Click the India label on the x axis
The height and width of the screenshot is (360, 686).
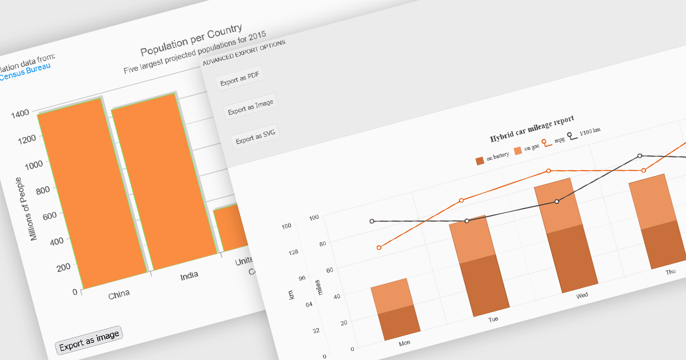tap(189, 275)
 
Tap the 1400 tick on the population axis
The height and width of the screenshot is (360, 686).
tap(20, 114)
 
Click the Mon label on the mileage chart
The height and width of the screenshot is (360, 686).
tap(404, 343)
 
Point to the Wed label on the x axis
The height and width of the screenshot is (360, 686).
tap(582, 295)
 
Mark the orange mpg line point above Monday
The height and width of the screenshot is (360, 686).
tap(379, 247)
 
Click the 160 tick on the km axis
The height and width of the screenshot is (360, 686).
tap(286, 226)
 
